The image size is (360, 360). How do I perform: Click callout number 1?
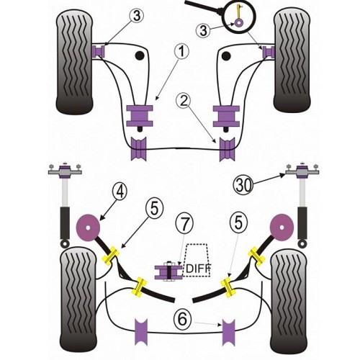tap(180, 51)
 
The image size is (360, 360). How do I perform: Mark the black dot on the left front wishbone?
tap(138, 55)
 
